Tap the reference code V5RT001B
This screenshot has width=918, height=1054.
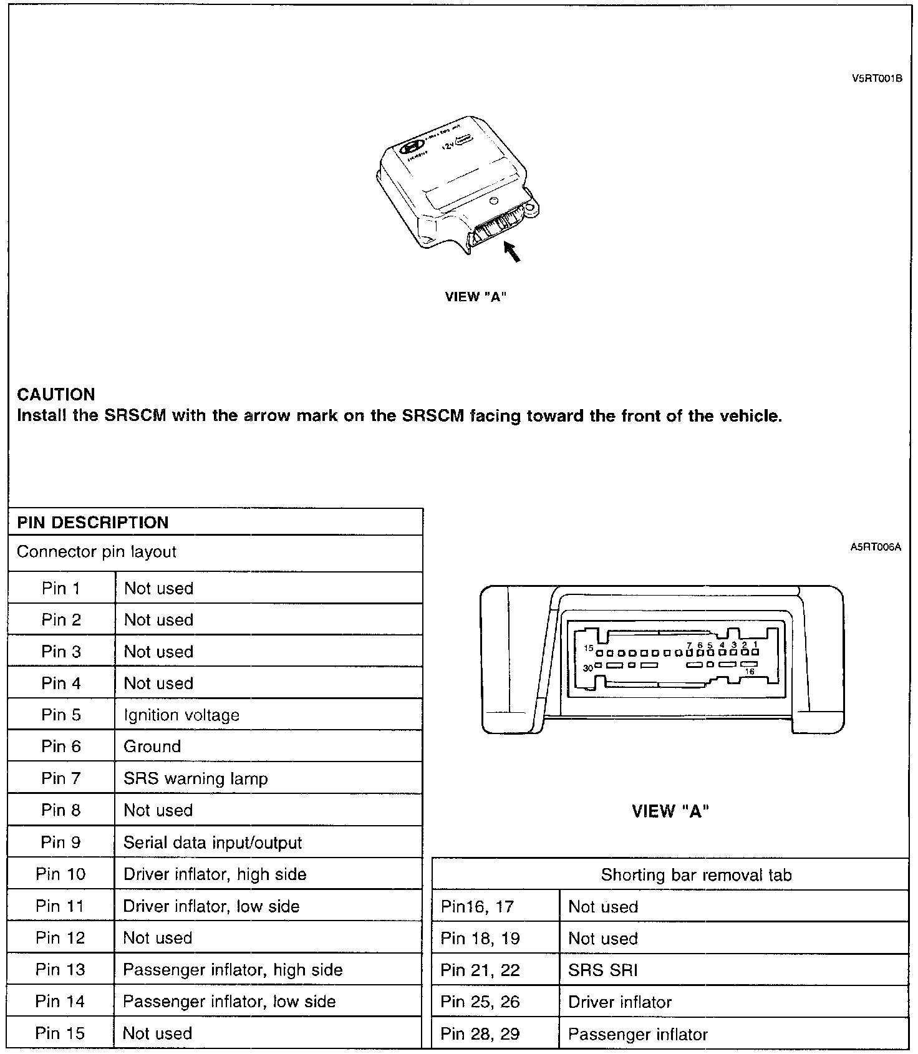pyautogui.click(x=877, y=79)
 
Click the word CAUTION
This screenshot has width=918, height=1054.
pyautogui.click(x=56, y=394)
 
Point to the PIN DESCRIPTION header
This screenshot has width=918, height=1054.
pyautogui.click(x=93, y=523)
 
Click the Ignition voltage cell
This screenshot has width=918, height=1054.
pyautogui.click(x=181, y=715)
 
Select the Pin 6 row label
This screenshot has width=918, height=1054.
pyautogui.click(x=61, y=747)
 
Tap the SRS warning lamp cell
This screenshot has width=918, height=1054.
pyautogui.click(x=196, y=778)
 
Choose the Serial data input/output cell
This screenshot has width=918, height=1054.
pyautogui.click(x=213, y=843)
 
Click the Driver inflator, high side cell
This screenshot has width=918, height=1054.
pyautogui.click(x=215, y=874)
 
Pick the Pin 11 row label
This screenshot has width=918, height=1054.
pyautogui.click(x=60, y=906)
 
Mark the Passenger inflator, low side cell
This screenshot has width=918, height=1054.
pyautogui.click(x=229, y=1002)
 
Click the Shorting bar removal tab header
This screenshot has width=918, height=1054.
pyautogui.click(x=696, y=875)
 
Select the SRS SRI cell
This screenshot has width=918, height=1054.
pyautogui.click(x=603, y=970)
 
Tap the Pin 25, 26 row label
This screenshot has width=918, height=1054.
pyautogui.click(x=480, y=1002)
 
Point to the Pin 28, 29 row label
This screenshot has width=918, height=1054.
pyautogui.click(x=480, y=1034)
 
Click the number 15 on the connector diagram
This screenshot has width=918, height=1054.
pyautogui.click(x=589, y=648)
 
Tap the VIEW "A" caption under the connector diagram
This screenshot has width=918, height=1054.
pyautogui.click(x=670, y=811)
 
